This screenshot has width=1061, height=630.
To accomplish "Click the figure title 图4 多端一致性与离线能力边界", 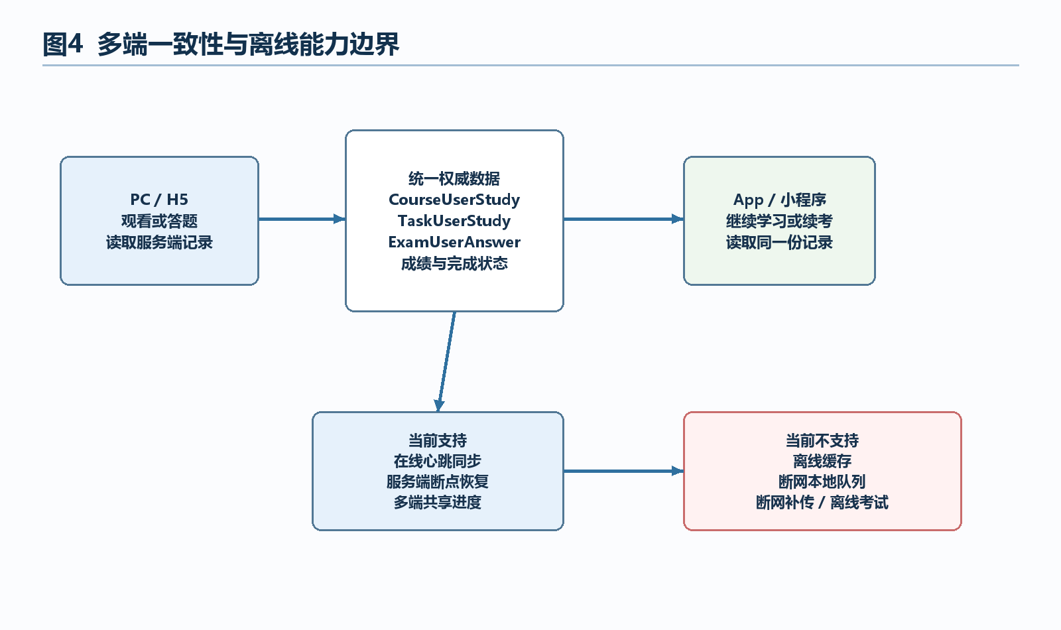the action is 221,44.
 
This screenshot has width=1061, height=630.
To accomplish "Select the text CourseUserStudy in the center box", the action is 454,200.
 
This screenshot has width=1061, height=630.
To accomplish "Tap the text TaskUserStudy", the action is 454,221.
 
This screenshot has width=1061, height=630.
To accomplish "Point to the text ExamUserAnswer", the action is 454,242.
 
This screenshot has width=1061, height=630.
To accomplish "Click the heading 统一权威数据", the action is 454,178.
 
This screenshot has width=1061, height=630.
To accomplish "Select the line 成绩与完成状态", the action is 454,263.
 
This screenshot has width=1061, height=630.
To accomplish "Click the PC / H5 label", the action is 159,200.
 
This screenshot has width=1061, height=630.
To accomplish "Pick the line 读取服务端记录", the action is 159,243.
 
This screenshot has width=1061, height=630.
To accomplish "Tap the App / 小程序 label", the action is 780,200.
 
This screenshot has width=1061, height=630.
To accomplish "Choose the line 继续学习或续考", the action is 780,221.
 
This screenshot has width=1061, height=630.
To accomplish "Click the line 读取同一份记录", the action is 780,243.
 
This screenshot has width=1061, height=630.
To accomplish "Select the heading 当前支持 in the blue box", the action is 438,440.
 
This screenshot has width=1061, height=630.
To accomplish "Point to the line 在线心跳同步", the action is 438,461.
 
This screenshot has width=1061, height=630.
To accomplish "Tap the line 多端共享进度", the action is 438,502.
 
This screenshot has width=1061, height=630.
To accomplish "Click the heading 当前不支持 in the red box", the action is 822,440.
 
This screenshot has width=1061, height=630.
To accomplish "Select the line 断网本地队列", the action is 822,481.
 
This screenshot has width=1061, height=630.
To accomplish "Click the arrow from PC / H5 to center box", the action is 302,219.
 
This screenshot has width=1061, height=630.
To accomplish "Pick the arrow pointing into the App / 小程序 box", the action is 623,219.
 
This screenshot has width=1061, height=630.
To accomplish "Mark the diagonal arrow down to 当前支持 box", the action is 447,361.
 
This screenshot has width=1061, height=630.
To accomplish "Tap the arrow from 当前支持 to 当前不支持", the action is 623,471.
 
